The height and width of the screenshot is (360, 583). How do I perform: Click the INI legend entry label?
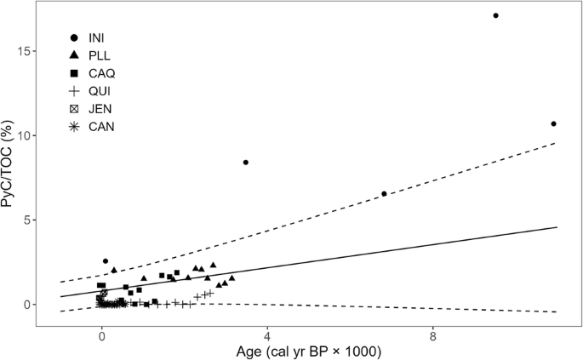pos(97,38)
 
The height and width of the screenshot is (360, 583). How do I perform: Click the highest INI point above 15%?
pos(495,15)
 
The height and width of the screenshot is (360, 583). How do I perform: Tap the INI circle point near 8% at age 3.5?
pos(246,163)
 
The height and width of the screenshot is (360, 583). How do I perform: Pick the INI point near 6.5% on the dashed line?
pos(384,194)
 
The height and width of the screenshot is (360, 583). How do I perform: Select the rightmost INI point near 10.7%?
pos(553,124)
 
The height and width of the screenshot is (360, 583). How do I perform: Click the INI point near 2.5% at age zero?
pos(106,261)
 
